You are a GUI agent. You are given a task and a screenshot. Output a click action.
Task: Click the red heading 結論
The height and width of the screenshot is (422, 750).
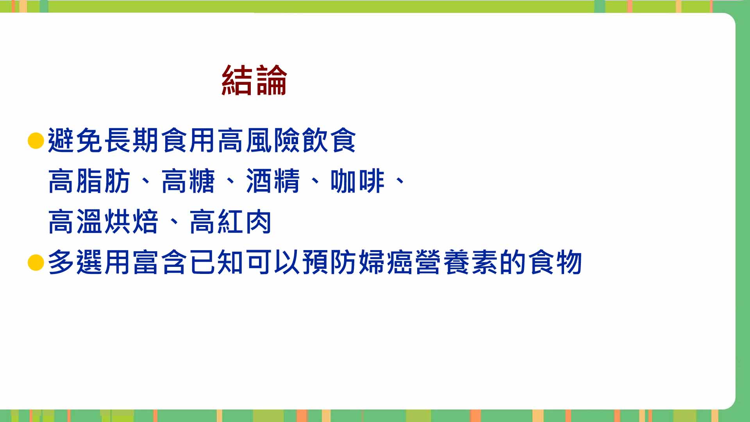click(x=254, y=80)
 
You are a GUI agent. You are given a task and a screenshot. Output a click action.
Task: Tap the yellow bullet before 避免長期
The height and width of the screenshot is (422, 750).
click(x=36, y=141)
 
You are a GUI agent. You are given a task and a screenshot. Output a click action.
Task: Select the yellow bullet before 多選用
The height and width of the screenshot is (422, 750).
click(x=36, y=263)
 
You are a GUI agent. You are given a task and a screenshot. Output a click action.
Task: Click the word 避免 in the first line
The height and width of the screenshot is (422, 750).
click(x=75, y=140)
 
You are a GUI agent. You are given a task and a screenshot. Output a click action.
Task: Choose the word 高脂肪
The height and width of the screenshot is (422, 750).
click(x=89, y=181)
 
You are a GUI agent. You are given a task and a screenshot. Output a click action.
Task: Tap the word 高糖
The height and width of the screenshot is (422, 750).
click(x=188, y=181)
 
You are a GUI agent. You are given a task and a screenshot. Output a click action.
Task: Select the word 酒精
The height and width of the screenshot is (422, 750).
click(x=273, y=181)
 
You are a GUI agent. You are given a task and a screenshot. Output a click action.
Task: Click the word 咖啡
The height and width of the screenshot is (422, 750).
click(x=357, y=181)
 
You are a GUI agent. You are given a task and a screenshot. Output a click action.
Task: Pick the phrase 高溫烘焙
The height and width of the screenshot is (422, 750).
click(x=103, y=222)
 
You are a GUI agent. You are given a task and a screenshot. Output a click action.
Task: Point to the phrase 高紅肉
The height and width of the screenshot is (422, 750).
click(x=230, y=222)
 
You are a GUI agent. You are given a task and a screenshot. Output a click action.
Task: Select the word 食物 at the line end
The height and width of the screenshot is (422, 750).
click(x=555, y=262)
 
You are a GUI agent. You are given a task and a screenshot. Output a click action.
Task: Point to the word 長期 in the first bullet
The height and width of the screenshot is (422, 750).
click(x=132, y=140)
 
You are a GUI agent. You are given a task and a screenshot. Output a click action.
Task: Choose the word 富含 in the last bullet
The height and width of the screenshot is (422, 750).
click(x=160, y=262)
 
